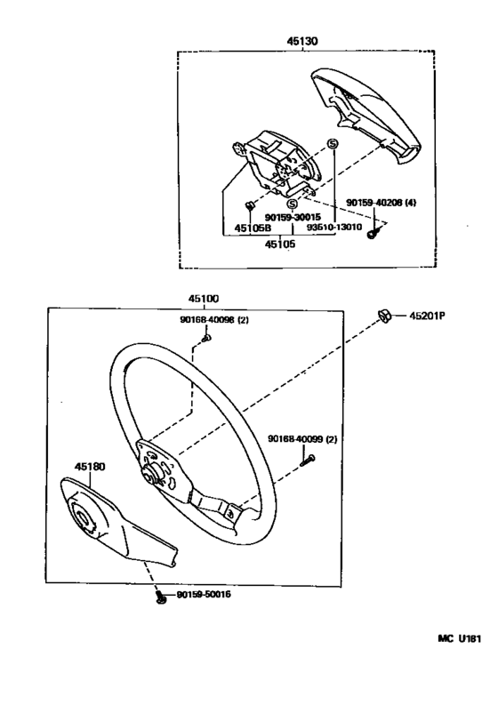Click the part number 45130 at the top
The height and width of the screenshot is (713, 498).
click(x=302, y=42)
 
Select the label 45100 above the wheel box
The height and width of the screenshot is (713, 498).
click(x=204, y=299)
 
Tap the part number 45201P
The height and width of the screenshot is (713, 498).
click(x=427, y=315)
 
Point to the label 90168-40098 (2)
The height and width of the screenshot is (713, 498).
click(x=214, y=320)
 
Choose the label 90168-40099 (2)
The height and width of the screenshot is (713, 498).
click(x=302, y=439)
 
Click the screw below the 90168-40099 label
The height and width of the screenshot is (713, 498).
click(x=308, y=460)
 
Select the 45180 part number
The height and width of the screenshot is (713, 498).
click(x=90, y=467)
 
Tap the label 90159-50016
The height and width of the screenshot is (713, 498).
click(x=204, y=595)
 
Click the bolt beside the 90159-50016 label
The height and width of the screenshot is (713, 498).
click(x=161, y=597)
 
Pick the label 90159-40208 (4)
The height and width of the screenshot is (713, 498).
click(x=382, y=203)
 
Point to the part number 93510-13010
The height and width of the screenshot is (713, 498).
click(x=334, y=227)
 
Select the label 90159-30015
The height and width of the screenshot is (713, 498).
click(x=293, y=217)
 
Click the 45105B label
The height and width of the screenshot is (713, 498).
click(x=253, y=228)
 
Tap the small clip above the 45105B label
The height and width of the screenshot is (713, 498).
click(x=249, y=205)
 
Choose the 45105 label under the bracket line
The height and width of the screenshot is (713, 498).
click(x=280, y=244)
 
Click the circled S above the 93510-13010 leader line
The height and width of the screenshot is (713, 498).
click(x=333, y=144)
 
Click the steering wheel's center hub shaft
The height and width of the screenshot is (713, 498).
click(x=152, y=474)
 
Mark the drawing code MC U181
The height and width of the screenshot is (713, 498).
click(x=460, y=638)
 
